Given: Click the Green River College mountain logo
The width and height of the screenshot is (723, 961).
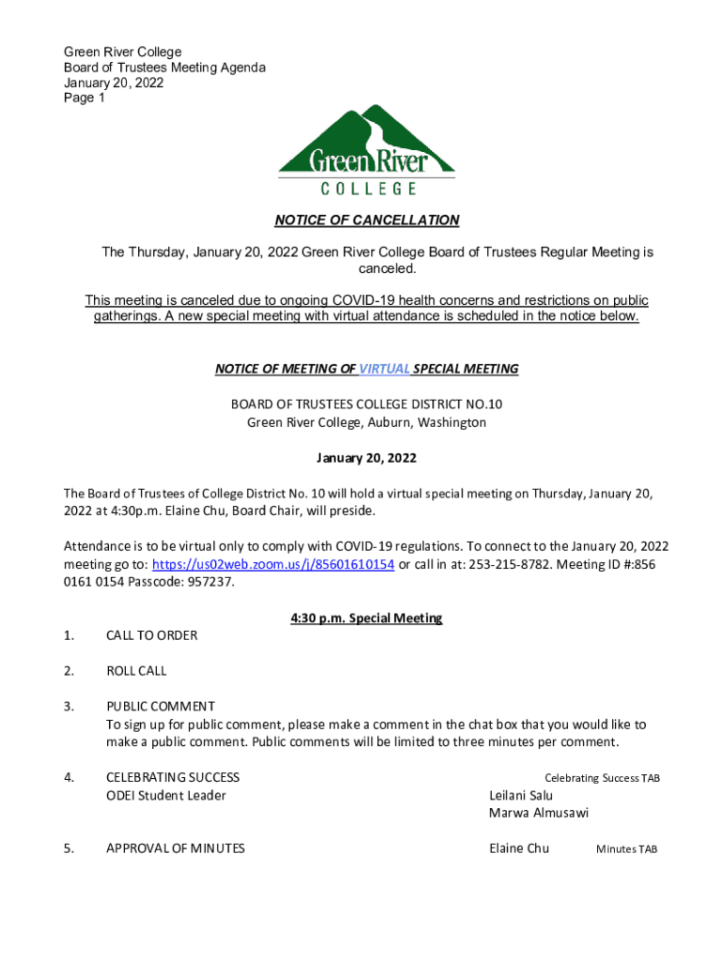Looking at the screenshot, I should pos(366,150).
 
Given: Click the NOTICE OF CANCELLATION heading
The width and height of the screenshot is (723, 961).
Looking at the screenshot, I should pos(366,221).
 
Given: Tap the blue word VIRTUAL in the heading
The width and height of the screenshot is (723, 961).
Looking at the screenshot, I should pos(384,369).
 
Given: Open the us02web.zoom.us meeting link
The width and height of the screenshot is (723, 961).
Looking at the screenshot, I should pos(272,564).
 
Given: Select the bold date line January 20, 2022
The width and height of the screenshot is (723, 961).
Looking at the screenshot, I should pos(366,459).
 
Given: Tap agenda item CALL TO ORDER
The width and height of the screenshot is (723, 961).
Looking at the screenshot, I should pos(152,635).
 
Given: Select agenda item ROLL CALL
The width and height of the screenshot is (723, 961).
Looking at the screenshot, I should pos(136,671).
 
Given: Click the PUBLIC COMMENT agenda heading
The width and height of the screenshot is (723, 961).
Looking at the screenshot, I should pos(161,707).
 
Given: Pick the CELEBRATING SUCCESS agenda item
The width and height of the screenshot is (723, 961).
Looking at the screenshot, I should pos(173,777).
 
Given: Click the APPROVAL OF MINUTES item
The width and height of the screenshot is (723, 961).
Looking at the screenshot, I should pos(176,848).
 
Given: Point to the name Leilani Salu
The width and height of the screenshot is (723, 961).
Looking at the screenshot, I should pos(521,796).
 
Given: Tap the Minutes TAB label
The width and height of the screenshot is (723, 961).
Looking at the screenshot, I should pos(626,849).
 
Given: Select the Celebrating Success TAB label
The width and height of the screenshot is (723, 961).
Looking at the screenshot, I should pos(602,778).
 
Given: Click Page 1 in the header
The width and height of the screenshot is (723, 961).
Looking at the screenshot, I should pos(84,98).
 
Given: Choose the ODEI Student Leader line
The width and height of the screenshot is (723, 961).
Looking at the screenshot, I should pos(166,796).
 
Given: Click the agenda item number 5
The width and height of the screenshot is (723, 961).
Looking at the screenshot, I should pos(68,848).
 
